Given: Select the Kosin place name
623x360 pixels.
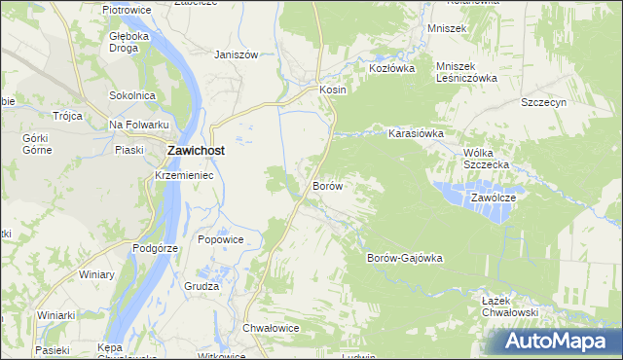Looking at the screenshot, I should tap(333, 89).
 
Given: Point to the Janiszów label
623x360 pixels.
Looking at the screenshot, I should tap(236, 55).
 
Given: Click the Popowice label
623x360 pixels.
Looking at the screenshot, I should tap(219, 239).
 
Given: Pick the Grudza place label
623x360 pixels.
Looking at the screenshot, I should tap(202, 286).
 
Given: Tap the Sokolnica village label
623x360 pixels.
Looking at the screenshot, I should tap(132, 95).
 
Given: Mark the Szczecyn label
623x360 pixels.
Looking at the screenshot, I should tap(543, 102).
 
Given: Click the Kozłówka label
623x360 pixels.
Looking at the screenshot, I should tap(391, 69).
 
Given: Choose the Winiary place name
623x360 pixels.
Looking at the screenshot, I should tap(96, 274).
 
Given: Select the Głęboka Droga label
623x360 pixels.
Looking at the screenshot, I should tap(128, 41).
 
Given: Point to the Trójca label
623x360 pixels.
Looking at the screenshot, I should tap(67, 115).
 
